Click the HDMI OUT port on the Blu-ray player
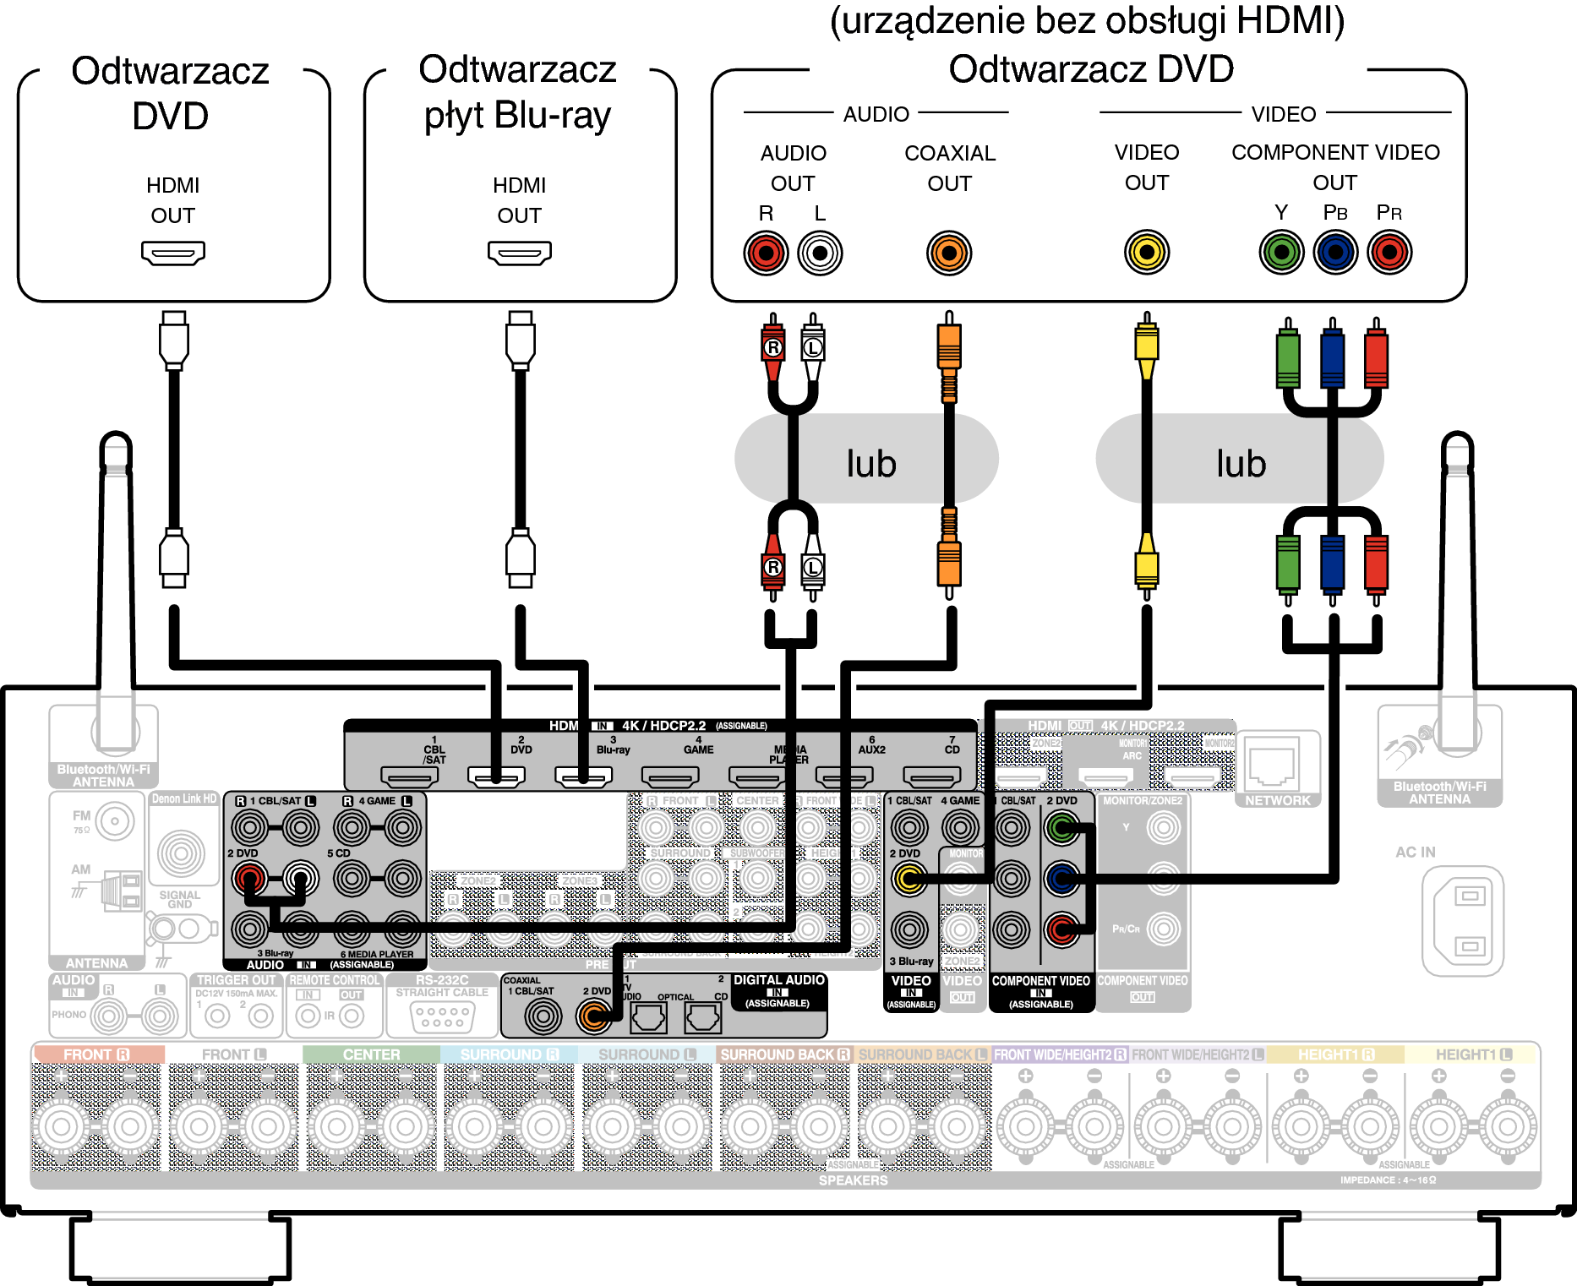519,253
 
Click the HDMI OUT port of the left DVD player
173,253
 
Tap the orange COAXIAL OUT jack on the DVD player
949,253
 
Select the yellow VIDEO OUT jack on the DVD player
1146,252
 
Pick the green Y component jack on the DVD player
1281,252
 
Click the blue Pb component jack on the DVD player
1335,252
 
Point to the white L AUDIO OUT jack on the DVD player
820,253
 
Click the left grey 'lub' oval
867,460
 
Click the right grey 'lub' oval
1239,460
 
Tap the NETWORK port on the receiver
1273,764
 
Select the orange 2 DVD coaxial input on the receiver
594,1016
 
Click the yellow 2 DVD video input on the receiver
909,879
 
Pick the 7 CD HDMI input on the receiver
931,775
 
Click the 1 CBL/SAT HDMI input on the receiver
409,775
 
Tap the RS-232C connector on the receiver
442,1016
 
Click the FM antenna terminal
114,820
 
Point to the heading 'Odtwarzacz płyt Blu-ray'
518,93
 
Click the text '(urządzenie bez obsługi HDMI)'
1087,22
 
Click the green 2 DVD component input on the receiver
1062,828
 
